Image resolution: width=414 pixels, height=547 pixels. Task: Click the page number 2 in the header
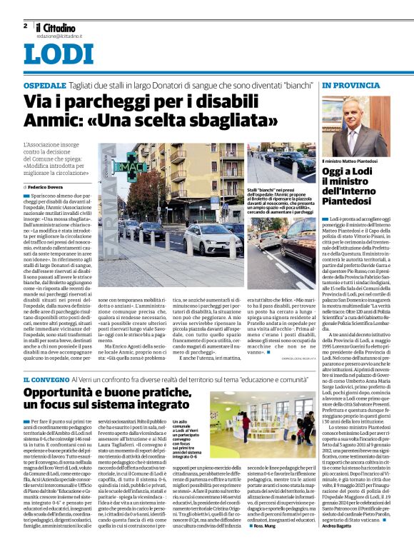click(26, 26)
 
